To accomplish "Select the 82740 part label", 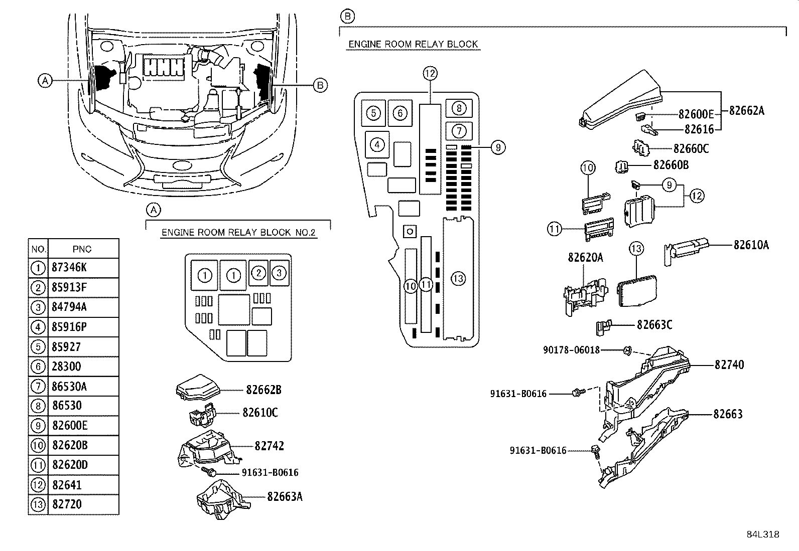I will pyautogui.click(x=729, y=365).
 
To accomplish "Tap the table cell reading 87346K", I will pyautogui.click(x=70, y=268).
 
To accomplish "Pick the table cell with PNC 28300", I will pyautogui.click(x=67, y=366).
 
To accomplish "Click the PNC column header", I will pyautogui.click(x=82, y=249).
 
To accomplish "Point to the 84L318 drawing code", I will pyautogui.click(x=763, y=534).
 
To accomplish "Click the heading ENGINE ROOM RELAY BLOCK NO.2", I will pyautogui.click(x=239, y=233).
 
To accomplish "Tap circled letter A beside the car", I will pyautogui.click(x=45, y=80).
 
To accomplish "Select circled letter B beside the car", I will pyautogui.click(x=320, y=85).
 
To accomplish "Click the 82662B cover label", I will pyautogui.click(x=264, y=390).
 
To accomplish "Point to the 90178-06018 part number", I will pyautogui.click(x=571, y=350).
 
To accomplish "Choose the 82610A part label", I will pyautogui.click(x=751, y=245).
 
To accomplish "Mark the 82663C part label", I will pyautogui.click(x=654, y=325).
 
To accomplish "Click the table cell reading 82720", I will pyautogui.click(x=67, y=504).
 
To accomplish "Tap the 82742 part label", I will pyautogui.click(x=269, y=446).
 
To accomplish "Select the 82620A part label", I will pyautogui.click(x=585, y=257).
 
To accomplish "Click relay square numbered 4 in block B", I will pyautogui.click(x=377, y=145).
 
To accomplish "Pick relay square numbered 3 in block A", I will pyautogui.click(x=279, y=273).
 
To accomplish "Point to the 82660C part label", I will pyautogui.click(x=691, y=149).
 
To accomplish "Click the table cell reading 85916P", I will pyautogui.click(x=70, y=327).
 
